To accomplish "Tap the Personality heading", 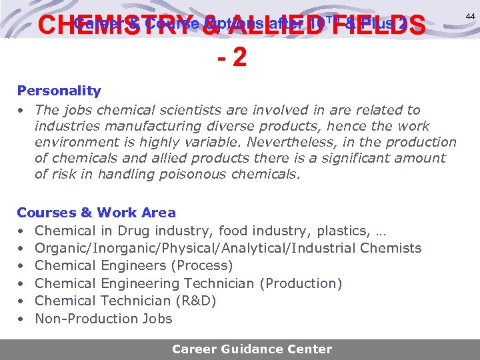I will pos(59,91).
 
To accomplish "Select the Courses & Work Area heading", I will pos(96,213).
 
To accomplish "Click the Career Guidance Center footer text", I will pos(251,349).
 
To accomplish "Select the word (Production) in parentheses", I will pos(300,283).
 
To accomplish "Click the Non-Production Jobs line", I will pos(103,319).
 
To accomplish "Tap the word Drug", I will pos(133,231).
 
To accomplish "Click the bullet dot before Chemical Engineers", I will pos(21,266).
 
